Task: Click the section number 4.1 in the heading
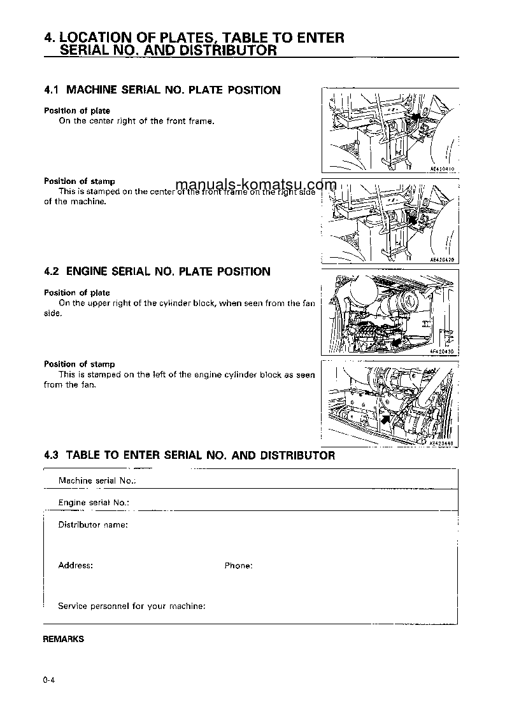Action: pyautogui.click(x=52, y=90)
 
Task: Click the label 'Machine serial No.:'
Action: pyautogui.click(x=97, y=481)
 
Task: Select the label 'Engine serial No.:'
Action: pyautogui.click(x=94, y=503)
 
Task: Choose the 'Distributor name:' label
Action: pyautogui.click(x=93, y=525)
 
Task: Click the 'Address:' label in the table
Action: pyautogui.click(x=75, y=566)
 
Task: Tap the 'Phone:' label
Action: pyautogui.click(x=238, y=566)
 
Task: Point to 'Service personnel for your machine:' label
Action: pyautogui.click(x=131, y=606)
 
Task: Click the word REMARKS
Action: pyautogui.click(x=63, y=640)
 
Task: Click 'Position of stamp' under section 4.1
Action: pyautogui.click(x=79, y=181)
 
